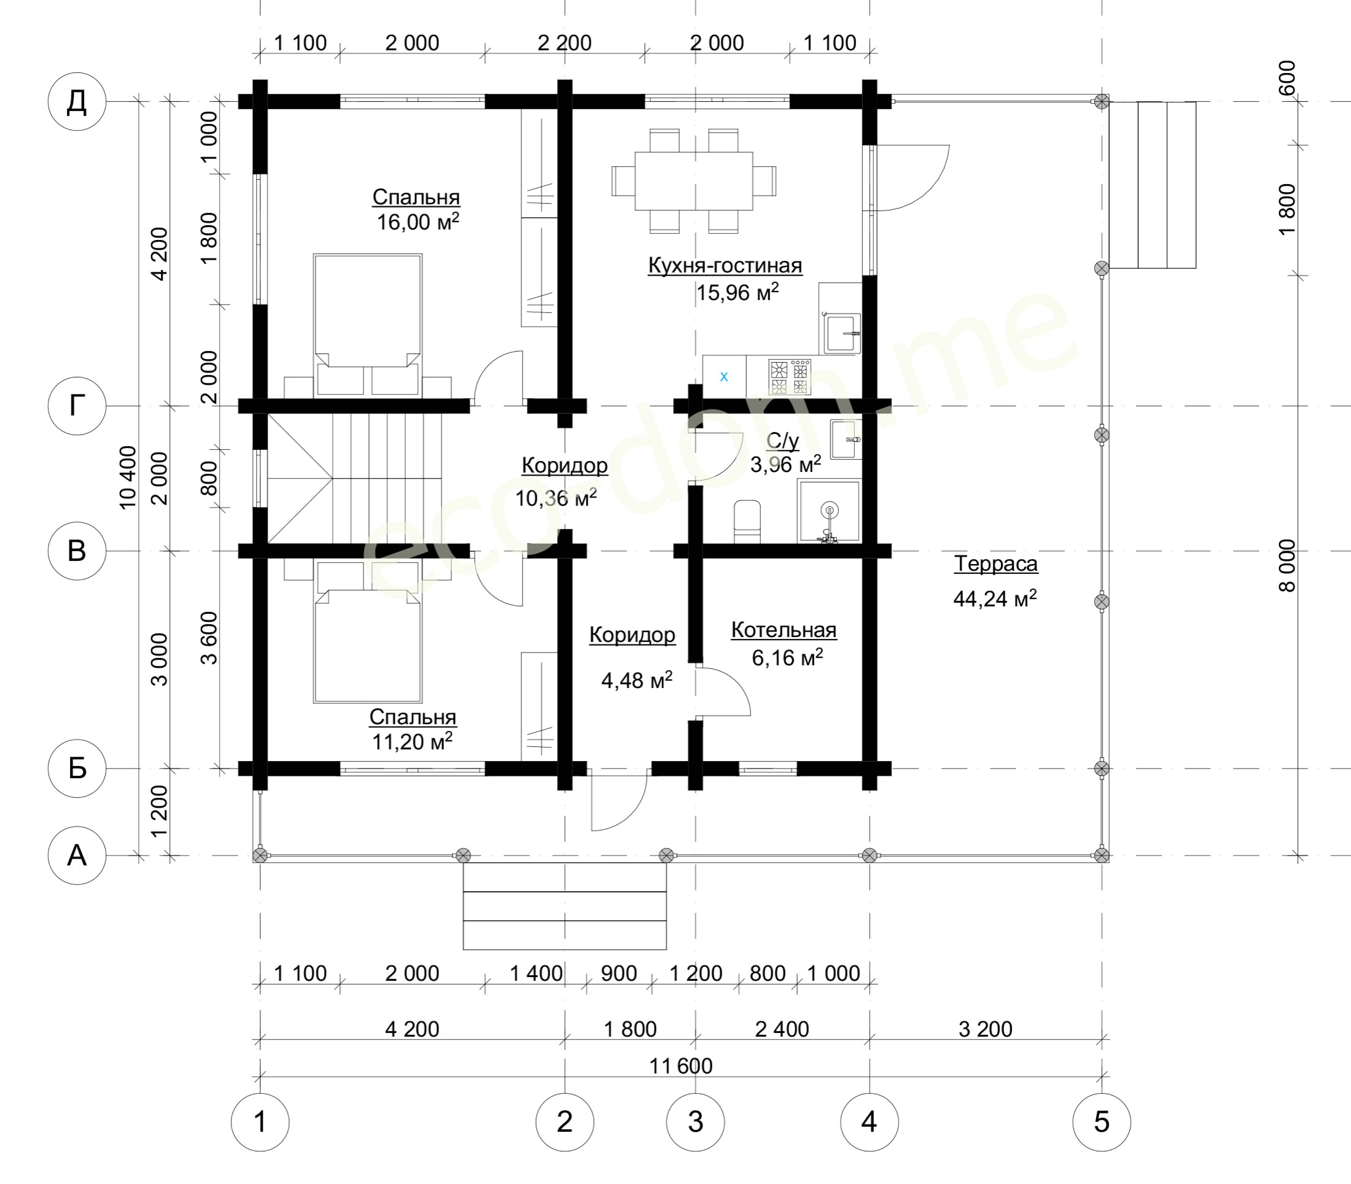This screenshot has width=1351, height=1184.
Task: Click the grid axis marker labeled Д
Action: click(77, 102)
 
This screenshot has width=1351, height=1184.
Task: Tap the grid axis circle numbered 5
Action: click(1101, 1122)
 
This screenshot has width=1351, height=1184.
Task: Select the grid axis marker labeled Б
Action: click(77, 768)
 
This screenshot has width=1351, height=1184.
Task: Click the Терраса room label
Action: click(995, 564)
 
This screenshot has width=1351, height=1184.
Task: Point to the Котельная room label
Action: click(784, 630)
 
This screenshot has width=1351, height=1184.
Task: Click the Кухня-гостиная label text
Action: click(725, 266)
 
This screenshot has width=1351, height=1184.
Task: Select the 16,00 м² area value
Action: click(418, 222)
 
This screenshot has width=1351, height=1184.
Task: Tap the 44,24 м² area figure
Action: click(995, 598)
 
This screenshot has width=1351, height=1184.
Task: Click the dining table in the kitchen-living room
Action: click(693, 181)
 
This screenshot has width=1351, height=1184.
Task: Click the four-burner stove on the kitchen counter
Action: click(790, 377)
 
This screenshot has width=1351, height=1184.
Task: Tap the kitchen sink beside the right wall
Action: click(841, 334)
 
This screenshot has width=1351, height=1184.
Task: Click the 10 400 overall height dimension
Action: click(128, 478)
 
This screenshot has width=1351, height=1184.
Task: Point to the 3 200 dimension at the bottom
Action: click(986, 1029)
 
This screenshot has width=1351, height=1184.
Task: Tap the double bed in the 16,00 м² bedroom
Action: click(367, 325)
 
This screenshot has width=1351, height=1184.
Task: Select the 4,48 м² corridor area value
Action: click(636, 680)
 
